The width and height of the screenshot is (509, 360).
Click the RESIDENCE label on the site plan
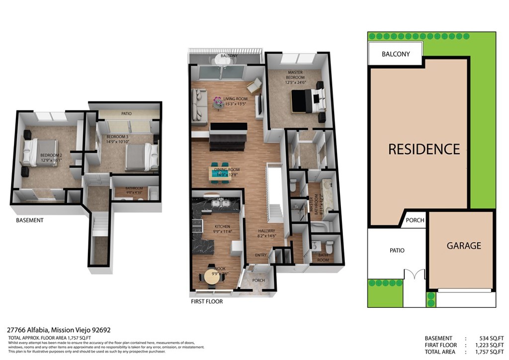424,149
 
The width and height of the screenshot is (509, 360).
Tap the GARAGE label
463,246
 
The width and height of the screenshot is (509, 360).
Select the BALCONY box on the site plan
396,54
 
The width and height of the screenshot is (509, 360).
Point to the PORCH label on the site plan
415,220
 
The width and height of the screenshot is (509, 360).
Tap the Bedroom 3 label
118,137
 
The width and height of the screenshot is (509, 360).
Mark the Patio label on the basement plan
126,114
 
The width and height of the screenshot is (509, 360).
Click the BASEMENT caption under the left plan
30,220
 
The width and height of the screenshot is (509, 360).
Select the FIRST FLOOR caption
207,302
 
